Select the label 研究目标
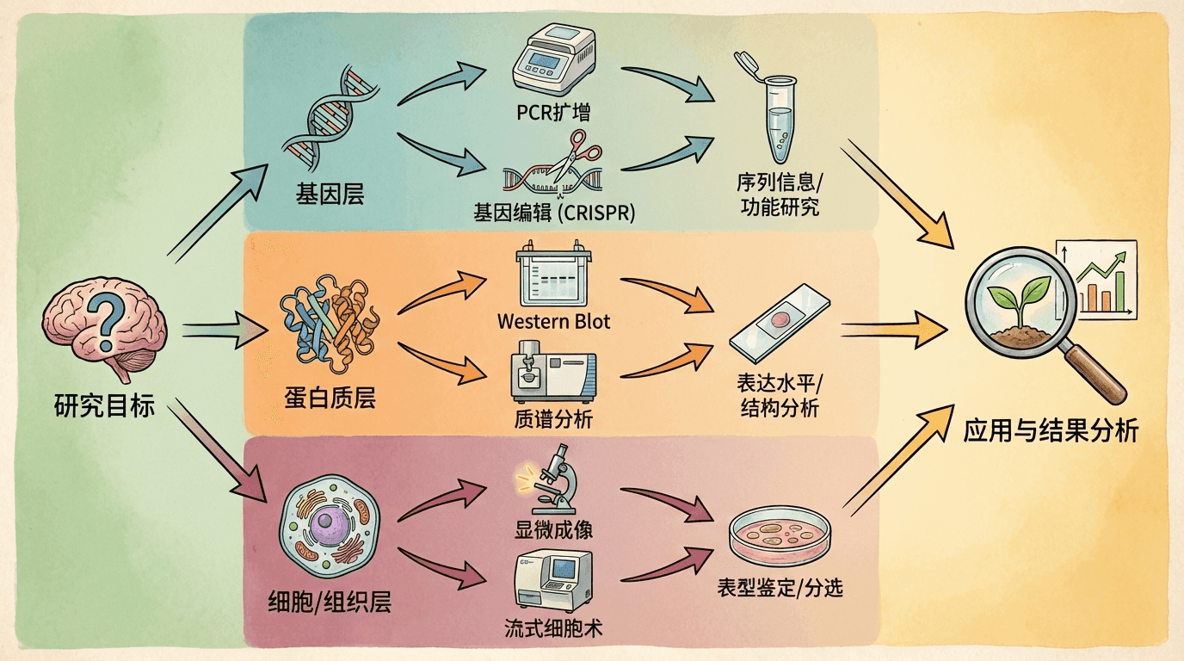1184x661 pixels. (104, 405)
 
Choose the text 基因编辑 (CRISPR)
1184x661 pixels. (554, 212)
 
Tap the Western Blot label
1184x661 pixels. (553, 322)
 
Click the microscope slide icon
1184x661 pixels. (780, 324)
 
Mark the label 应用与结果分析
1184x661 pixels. (1051, 429)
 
